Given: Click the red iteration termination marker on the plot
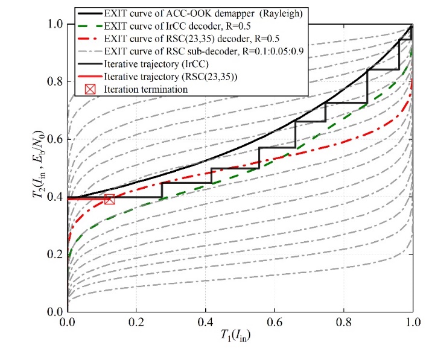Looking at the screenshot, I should pyautogui.click(x=109, y=200).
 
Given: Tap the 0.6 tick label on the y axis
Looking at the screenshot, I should pyautogui.click(x=55, y=139).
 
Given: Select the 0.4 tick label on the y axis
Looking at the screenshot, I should pyautogui.click(x=55, y=197).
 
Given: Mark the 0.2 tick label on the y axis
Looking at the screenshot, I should pyautogui.click(x=55, y=254).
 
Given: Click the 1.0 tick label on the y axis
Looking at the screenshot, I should pyautogui.click(x=55, y=24).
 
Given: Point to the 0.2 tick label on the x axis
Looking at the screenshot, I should pyautogui.click(x=136, y=322).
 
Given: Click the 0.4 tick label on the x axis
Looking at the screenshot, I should pyautogui.click(x=206, y=322).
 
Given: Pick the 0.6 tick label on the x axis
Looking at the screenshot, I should pyautogui.click(x=275, y=322).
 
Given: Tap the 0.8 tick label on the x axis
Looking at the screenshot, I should pyautogui.click(x=344, y=322).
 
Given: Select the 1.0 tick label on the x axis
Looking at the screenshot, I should pyautogui.click(x=413, y=322).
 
